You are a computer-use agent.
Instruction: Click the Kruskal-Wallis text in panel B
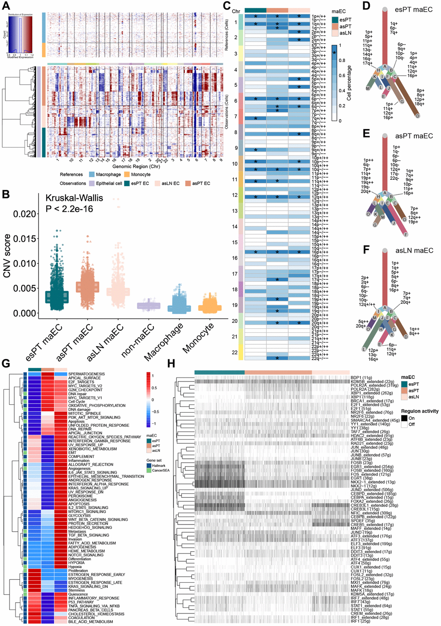point(74,197)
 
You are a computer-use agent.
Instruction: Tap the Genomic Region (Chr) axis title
point(136,166)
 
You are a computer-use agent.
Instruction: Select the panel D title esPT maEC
point(413,10)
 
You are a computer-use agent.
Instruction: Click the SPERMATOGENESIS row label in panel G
point(86,374)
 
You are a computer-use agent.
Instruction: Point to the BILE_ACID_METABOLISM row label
point(90,622)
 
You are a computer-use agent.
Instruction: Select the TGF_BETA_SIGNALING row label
point(88,535)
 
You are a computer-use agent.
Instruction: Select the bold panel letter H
point(171,364)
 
